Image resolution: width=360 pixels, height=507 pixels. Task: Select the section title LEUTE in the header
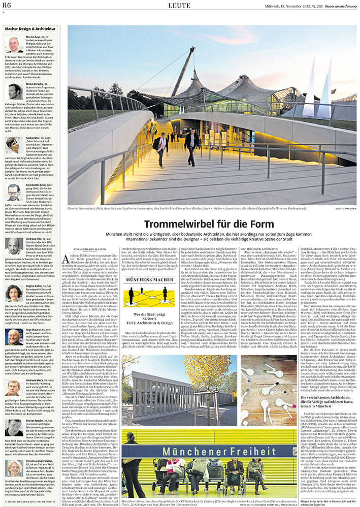click(180, 6)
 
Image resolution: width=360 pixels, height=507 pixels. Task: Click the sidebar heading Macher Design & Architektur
click(30, 29)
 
